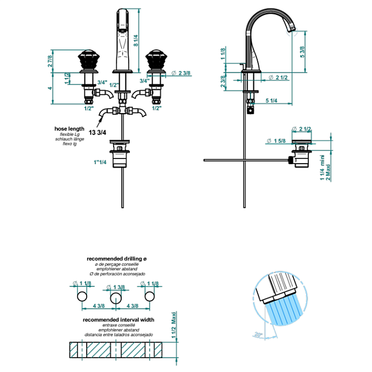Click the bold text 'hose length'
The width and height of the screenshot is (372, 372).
(x=69, y=129)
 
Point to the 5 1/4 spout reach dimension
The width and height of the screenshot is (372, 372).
(x=273, y=101)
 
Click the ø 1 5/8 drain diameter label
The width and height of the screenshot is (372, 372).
(x=277, y=141)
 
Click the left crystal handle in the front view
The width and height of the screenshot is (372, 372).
(x=86, y=61)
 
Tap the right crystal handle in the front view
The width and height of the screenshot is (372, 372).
(x=157, y=61)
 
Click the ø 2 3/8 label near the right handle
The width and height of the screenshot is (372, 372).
(x=183, y=73)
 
